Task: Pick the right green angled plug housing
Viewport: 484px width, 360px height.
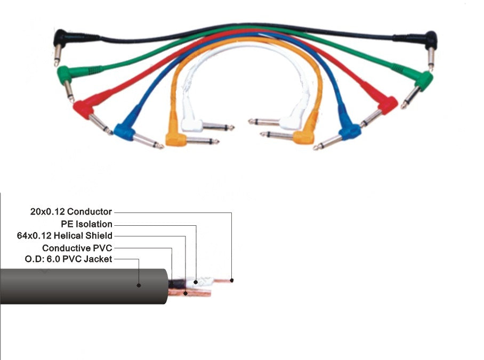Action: coord(423,79)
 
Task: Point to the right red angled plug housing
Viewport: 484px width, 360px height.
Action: coord(388,104)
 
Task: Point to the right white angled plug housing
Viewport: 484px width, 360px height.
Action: coord(289,122)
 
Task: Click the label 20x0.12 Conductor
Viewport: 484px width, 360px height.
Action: coord(71,211)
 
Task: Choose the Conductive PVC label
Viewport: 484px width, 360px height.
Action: coord(77,248)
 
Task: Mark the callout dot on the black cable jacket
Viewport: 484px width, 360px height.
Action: coord(139,285)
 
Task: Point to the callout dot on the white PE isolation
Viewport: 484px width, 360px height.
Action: coord(196,281)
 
